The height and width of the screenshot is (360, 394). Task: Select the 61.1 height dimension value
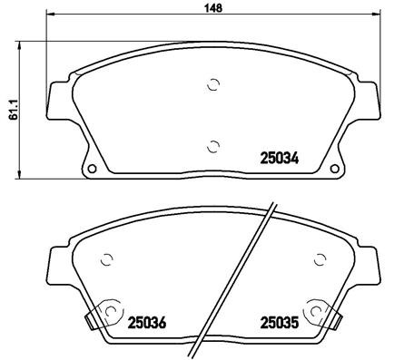10,109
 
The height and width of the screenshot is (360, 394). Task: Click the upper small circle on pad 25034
212,86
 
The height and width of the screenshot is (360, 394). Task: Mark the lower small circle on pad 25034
212,145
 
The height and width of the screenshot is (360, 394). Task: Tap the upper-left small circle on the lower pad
106,258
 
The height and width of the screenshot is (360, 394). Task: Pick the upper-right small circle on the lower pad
319,258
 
